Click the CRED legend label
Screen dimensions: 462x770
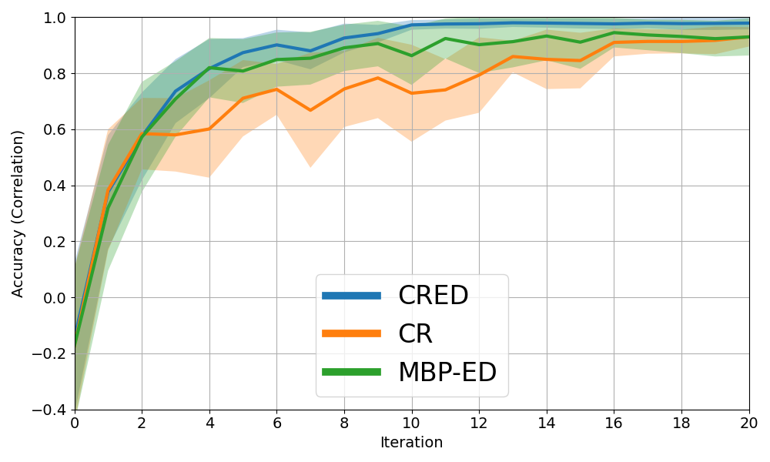(x=433, y=296)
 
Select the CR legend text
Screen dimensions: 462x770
(x=415, y=334)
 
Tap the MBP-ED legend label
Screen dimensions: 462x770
(x=447, y=373)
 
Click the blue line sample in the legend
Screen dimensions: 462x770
(x=351, y=296)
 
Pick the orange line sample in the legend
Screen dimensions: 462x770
(x=351, y=333)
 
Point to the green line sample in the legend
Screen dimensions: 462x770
(x=351, y=372)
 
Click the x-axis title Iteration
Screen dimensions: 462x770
(x=411, y=443)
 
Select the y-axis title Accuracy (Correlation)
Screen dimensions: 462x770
(x=18, y=213)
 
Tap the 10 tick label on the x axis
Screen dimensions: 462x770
(x=411, y=423)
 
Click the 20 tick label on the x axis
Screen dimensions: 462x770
(x=748, y=423)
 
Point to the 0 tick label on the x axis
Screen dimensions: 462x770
(x=75, y=423)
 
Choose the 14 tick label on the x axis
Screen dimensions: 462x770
(x=547, y=423)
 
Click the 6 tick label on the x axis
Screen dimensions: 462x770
(x=276, y=423)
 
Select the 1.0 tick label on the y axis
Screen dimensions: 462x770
(x=53, y=18)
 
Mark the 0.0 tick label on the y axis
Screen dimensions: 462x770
(x=53, y=298)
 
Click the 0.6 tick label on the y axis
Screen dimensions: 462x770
(x=53, y=129)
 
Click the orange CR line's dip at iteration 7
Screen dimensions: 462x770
(x=310, y=110)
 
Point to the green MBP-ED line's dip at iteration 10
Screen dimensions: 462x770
(x=411, y=55)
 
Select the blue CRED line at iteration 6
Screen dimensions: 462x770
(x=276, y=45)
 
